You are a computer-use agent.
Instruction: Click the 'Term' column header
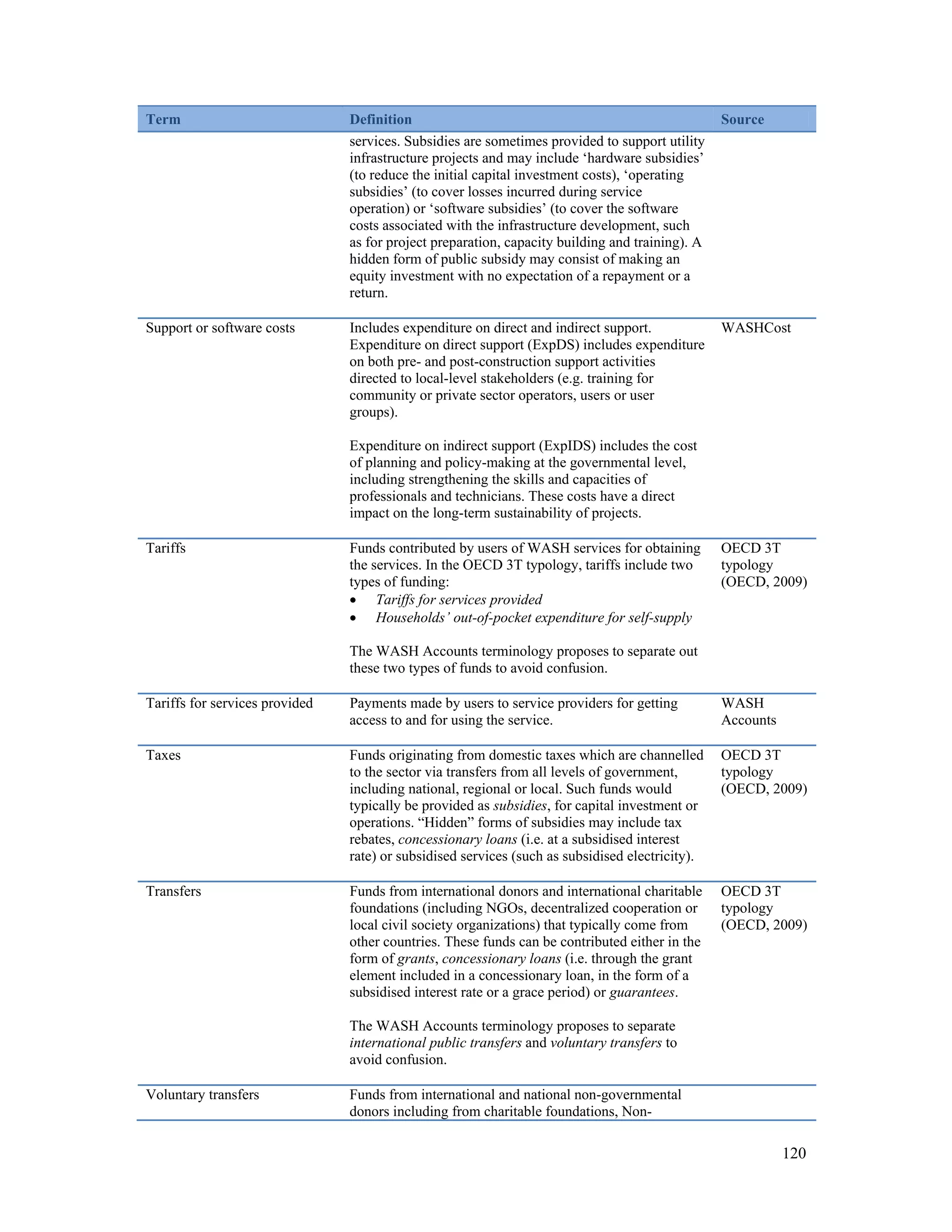click(163, 119)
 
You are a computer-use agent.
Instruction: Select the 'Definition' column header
click(380, 119)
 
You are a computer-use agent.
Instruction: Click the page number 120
click(793, 1153)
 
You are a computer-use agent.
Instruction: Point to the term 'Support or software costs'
click(220, 328)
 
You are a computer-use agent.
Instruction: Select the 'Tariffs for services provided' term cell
click(229, 703)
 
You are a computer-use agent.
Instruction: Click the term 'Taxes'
click(163, 755)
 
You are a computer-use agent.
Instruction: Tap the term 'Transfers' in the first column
click(173, 891)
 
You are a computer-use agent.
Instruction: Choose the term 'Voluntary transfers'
click(202, 1095)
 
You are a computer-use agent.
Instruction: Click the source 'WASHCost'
click(755, 328)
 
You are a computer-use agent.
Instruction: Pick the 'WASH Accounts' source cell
click(748, 712)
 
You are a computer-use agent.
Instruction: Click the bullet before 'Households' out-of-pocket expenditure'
click(353, 619)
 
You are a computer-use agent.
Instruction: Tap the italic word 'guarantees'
click(642, 992)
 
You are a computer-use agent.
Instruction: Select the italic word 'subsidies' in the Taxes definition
click(519, 806)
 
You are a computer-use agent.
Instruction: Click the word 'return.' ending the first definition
click(368, 293)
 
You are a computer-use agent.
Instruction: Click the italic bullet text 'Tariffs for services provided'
click(458, 600)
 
